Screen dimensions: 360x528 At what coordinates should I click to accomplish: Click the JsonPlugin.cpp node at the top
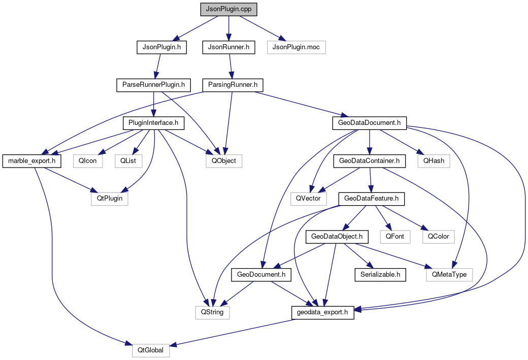click(228, 9)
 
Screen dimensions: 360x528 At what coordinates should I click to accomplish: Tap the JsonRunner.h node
click(228, 47)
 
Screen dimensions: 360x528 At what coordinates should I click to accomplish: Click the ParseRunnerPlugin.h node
click(153, 85)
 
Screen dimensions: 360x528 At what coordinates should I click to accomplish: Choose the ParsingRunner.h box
click(233, 85)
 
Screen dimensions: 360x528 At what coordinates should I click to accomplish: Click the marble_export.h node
click(32, 161)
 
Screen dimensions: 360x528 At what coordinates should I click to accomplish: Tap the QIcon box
click(88, 161)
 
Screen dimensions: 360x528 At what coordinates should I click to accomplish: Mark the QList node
click(128, 161)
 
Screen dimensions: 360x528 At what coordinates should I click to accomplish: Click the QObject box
click(224, 161)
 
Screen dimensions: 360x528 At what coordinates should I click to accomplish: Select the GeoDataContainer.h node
click(370, 161)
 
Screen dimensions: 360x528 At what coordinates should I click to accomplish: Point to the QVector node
click(309, 199)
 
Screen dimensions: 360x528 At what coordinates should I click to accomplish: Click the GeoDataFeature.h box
click(372, 199)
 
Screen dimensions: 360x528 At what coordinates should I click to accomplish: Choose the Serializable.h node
click(380, 275)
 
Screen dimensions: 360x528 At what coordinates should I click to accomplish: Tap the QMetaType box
click(449, 275)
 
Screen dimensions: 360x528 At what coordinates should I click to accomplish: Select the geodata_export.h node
click(323, 312)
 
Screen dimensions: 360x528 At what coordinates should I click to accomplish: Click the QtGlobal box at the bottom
click(151, 350)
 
